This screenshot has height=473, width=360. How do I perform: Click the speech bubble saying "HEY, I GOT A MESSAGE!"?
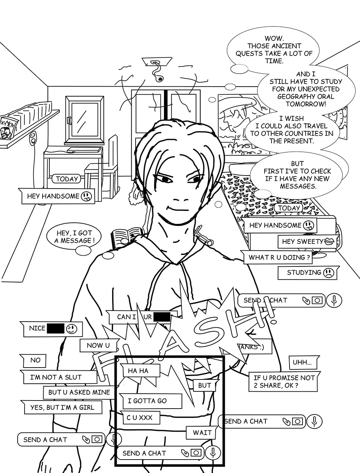coord(74,236)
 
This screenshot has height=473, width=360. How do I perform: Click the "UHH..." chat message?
coord(302,362)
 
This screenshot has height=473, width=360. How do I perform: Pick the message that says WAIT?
coord(202,433)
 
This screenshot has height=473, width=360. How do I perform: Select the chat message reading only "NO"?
coord(35,360)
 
